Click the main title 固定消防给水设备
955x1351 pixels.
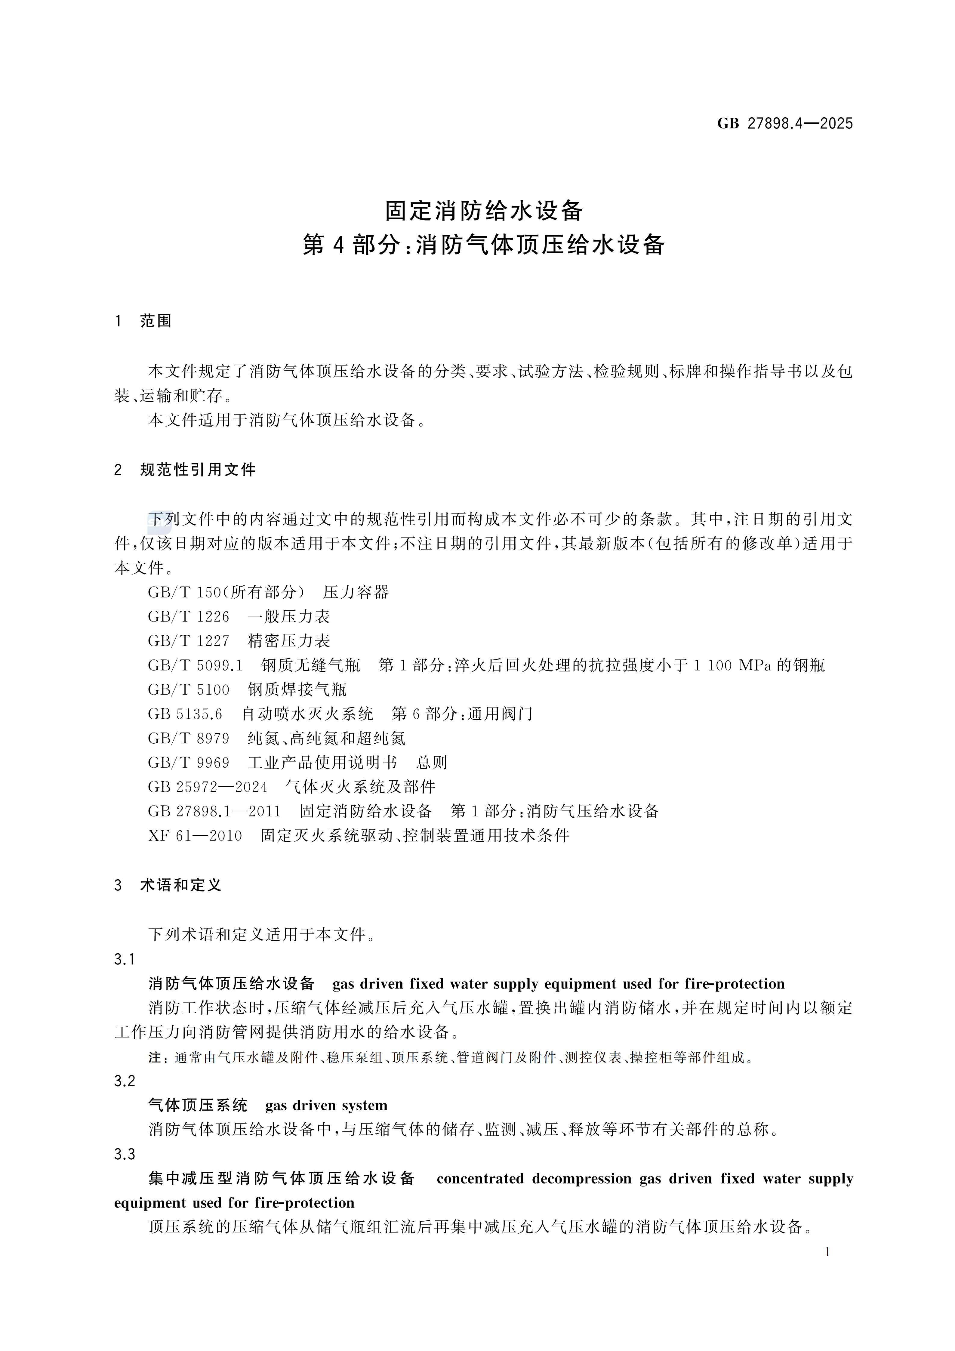[x=484, y=211]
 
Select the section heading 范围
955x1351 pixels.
[x=156, y=321]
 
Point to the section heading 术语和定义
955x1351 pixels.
[x=181, y=885]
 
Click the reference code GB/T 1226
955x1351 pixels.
[x=188, y=617]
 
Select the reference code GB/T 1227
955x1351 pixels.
[x=188, y=641]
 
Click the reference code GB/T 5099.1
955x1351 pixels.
[x=195, y=665]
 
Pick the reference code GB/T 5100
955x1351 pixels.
[x=188, y=689]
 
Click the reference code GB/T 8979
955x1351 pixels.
[x=188, y=739]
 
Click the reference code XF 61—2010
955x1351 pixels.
[x=195, y=836]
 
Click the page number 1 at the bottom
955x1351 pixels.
[x=827, y=1252]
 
